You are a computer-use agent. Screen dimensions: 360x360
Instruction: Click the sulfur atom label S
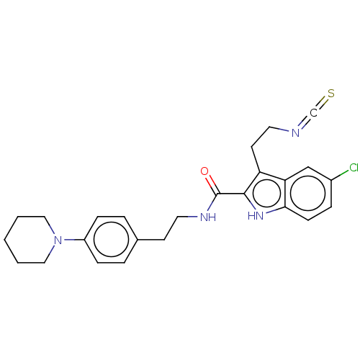pyautogui.click(x=331, y=94)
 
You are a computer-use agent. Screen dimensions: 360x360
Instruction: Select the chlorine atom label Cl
pyautogui.click(x=354, y=168)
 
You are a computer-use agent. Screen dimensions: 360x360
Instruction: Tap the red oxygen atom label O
pyautogui.click(x=204, y=171)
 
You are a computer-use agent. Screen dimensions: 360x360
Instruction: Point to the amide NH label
pyautogui.click(x=208, y=217)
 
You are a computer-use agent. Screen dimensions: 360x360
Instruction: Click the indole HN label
pyautogui.click(x=256, y=215)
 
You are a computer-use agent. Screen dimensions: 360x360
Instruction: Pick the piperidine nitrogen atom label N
pyautogui.click(x=58, y=240)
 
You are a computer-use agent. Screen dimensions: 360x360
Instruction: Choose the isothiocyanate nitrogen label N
pyautogui.click(x=295, y=132)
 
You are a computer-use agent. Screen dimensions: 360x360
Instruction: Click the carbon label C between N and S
pyautogui.click(x=313, y=113)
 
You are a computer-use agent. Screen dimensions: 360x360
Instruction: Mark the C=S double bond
pyautogui.click(x=322, y=103)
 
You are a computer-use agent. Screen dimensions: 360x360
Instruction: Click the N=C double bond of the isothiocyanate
pyautogui.click(x=305, y=123)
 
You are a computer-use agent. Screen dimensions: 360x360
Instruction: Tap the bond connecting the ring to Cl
pyautogui.click(x=340, y=175)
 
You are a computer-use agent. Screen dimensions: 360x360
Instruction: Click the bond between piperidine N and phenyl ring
pyautogui.click(x=73, y=240)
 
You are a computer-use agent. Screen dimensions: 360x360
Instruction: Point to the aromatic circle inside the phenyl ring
pyautogui.click(x=111, y=240)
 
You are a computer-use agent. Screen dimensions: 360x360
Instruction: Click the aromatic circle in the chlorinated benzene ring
pyautogui.click(x=308, y=194)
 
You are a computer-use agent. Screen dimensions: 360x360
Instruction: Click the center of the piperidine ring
pyautogui.click(x=31, y=240)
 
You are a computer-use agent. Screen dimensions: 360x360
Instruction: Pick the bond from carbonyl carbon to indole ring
pyautogui.click(x=231, y=194)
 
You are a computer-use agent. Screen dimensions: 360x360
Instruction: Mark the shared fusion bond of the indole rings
pyautogui.click(x=286, y=194)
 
